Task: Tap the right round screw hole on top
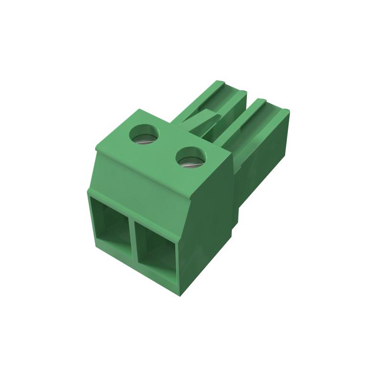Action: point(191,158)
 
